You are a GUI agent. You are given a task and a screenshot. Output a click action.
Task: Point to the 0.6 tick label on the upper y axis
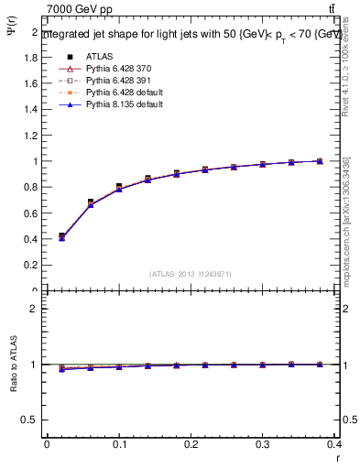tap(31, 213)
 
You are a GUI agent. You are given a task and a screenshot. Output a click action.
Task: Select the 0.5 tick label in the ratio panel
tap(31, 420)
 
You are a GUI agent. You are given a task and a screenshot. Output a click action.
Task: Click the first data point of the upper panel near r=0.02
tap(61, 236)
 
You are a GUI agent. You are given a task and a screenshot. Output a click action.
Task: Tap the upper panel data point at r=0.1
tap(119, 187)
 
